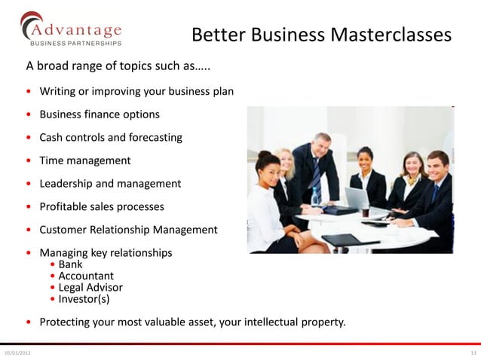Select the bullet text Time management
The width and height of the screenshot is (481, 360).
tap(84, 160)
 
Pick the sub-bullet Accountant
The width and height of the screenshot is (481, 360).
tap(86, 276)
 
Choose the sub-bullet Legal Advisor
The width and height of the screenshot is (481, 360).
tap(90, 287)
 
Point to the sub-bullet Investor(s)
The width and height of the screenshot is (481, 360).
tap(84, 298)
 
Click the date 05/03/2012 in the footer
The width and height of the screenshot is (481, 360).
tap(17, 352)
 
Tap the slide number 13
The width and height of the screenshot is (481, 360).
tap(473, 352)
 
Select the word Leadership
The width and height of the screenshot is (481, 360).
tap(66, 183)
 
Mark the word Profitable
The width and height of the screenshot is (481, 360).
tap(64, 206)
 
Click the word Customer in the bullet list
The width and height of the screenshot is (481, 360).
tap(65, 230)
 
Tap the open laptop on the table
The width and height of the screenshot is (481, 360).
tap(356, 199)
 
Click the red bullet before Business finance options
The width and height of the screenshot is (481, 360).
tap(29, 115)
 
